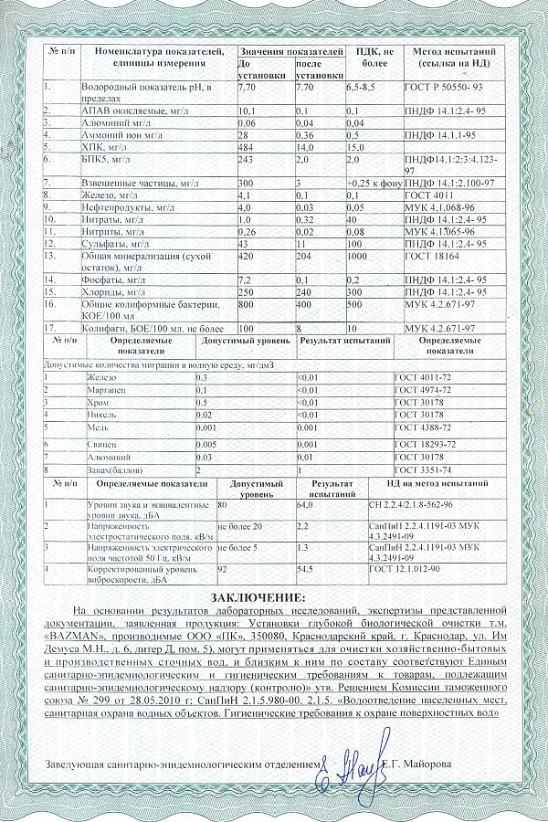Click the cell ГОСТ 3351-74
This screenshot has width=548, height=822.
tap(421, 469)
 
